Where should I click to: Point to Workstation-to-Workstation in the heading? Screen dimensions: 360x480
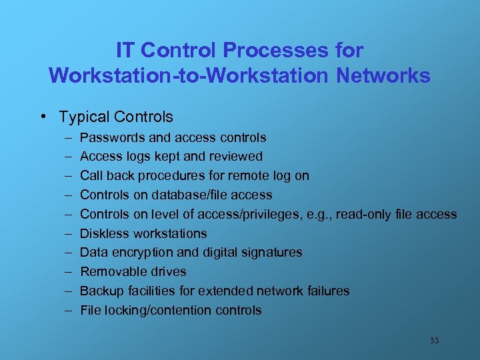tap(189, 75)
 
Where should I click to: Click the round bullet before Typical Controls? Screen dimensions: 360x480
tap(43, 117)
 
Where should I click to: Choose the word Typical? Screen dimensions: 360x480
tap(84, 117)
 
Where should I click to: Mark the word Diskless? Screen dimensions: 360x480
tap(105, 233)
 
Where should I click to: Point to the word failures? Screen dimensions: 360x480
tap(327, 291)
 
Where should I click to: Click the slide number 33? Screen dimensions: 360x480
tap(434, 341)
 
